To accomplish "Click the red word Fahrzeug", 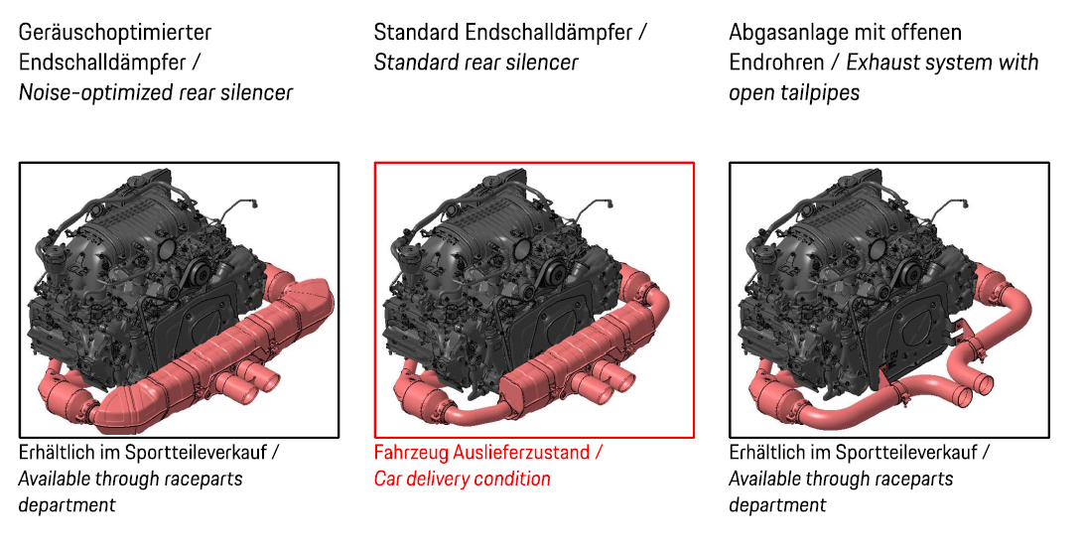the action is coord(411,453).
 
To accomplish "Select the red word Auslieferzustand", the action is coord(521,453).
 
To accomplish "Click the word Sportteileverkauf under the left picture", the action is coord(199,453).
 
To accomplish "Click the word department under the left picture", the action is coord(67,504).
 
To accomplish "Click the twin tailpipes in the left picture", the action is coord(247,382).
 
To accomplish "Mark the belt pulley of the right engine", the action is coord(908,275).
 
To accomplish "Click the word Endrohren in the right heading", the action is coord(776,63).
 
